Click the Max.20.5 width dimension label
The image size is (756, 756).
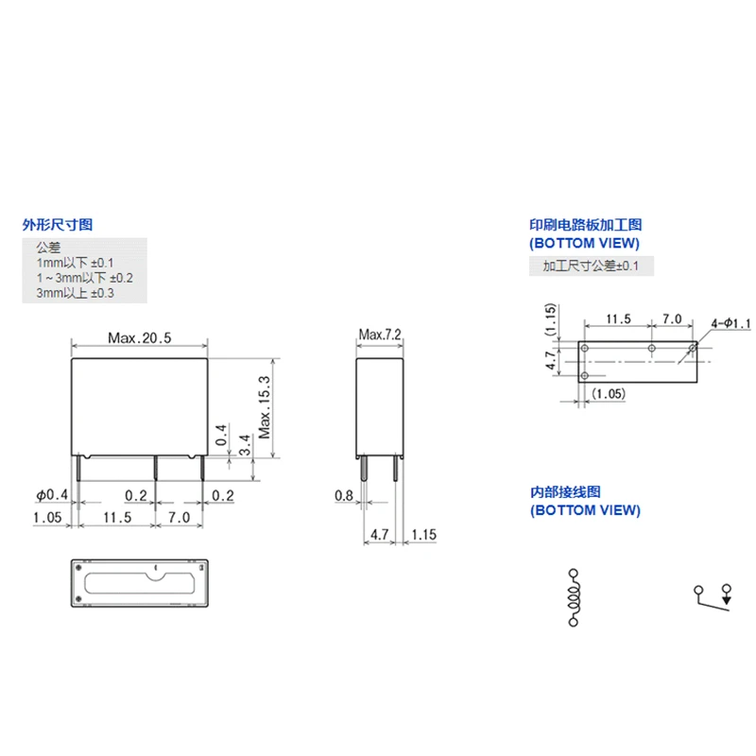(x=139, y=337)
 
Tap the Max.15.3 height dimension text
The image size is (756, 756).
(x=265, y=407)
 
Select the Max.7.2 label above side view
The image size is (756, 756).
(x=381, y=335)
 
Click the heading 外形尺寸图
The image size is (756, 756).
(x=58, y=225)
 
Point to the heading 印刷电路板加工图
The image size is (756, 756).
(x=585, y=225)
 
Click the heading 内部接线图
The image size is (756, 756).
(x=564, y=492)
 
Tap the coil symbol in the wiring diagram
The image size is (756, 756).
(x=573, y=597)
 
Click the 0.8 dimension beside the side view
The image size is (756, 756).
(x=343, y=495)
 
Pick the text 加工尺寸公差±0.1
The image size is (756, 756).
(x=591, y=266)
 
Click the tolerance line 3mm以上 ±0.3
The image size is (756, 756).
(x=75, y=294)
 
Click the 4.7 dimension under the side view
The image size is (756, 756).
(x=380, y=535)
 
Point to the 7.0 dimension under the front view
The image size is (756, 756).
(x=179, y=518)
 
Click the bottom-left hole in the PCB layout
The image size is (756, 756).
(x=585, y=376)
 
